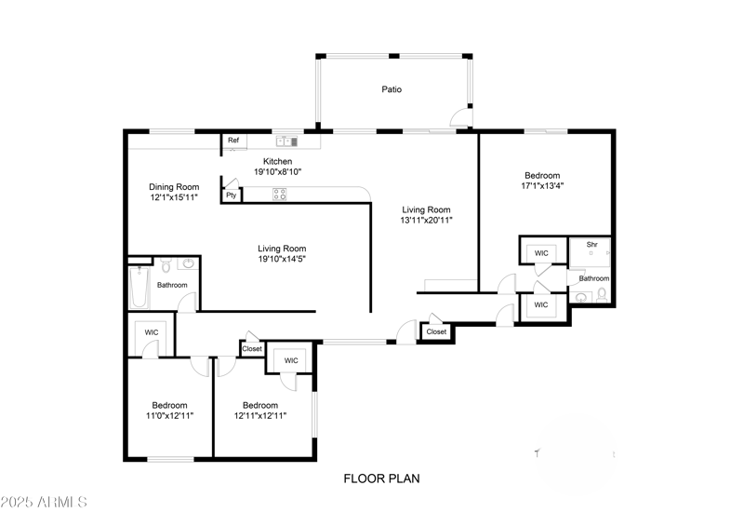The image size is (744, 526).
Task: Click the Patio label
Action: [x=392, y=90]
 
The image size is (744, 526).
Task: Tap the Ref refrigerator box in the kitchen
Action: [x=233, y=142]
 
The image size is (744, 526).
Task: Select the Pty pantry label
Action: [x=230, y=196]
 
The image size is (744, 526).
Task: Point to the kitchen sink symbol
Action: [x=286, y=142]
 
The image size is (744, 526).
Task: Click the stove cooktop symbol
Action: [x=278, y=195]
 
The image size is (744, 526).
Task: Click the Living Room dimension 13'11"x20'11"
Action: [x=426, y=222]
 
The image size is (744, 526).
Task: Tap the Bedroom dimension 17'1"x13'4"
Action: [x=542, y=185]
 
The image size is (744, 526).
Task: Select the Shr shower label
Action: [x=591, y=246]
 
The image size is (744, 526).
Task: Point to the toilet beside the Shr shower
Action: [x=602, y=295]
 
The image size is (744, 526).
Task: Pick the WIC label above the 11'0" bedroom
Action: [x=150, y=332]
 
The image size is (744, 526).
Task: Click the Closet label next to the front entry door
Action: [x=436, y=331]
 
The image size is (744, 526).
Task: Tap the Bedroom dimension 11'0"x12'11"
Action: [x=170, y=416]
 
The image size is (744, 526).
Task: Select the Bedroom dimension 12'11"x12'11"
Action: [x=260, y=416]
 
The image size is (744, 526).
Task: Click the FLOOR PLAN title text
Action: [x=381, y=479]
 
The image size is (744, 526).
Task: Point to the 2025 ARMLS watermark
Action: [x=44, y=503]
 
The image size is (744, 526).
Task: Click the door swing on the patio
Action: [x=458, y=116]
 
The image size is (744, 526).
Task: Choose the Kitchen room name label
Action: [x=278, y=161]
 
